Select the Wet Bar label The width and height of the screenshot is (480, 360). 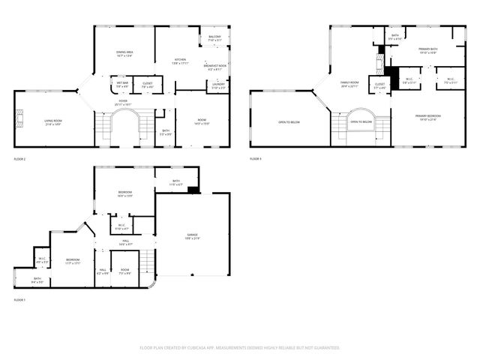point(121,84)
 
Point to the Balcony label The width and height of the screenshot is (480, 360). point(214,38)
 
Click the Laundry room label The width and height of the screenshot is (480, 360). point(219,86)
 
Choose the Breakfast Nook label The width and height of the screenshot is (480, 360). point(215,67)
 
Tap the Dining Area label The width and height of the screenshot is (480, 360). point(124,53)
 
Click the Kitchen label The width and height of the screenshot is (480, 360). point(180,61)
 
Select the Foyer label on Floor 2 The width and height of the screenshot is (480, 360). point(121,102)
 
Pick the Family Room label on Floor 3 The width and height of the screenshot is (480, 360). point(350,83)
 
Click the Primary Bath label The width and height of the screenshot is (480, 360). point(427,51)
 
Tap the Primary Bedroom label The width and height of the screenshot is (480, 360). point(429,117)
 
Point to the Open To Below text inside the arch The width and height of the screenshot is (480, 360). point(362,121)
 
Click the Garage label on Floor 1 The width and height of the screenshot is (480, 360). point(193,235)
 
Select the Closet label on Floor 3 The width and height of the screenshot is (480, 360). point(380,85)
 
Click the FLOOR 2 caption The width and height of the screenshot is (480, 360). point(19,160)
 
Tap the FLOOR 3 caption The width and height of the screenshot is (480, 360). point(256,159)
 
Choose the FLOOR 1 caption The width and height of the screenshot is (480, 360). point(19,300)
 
